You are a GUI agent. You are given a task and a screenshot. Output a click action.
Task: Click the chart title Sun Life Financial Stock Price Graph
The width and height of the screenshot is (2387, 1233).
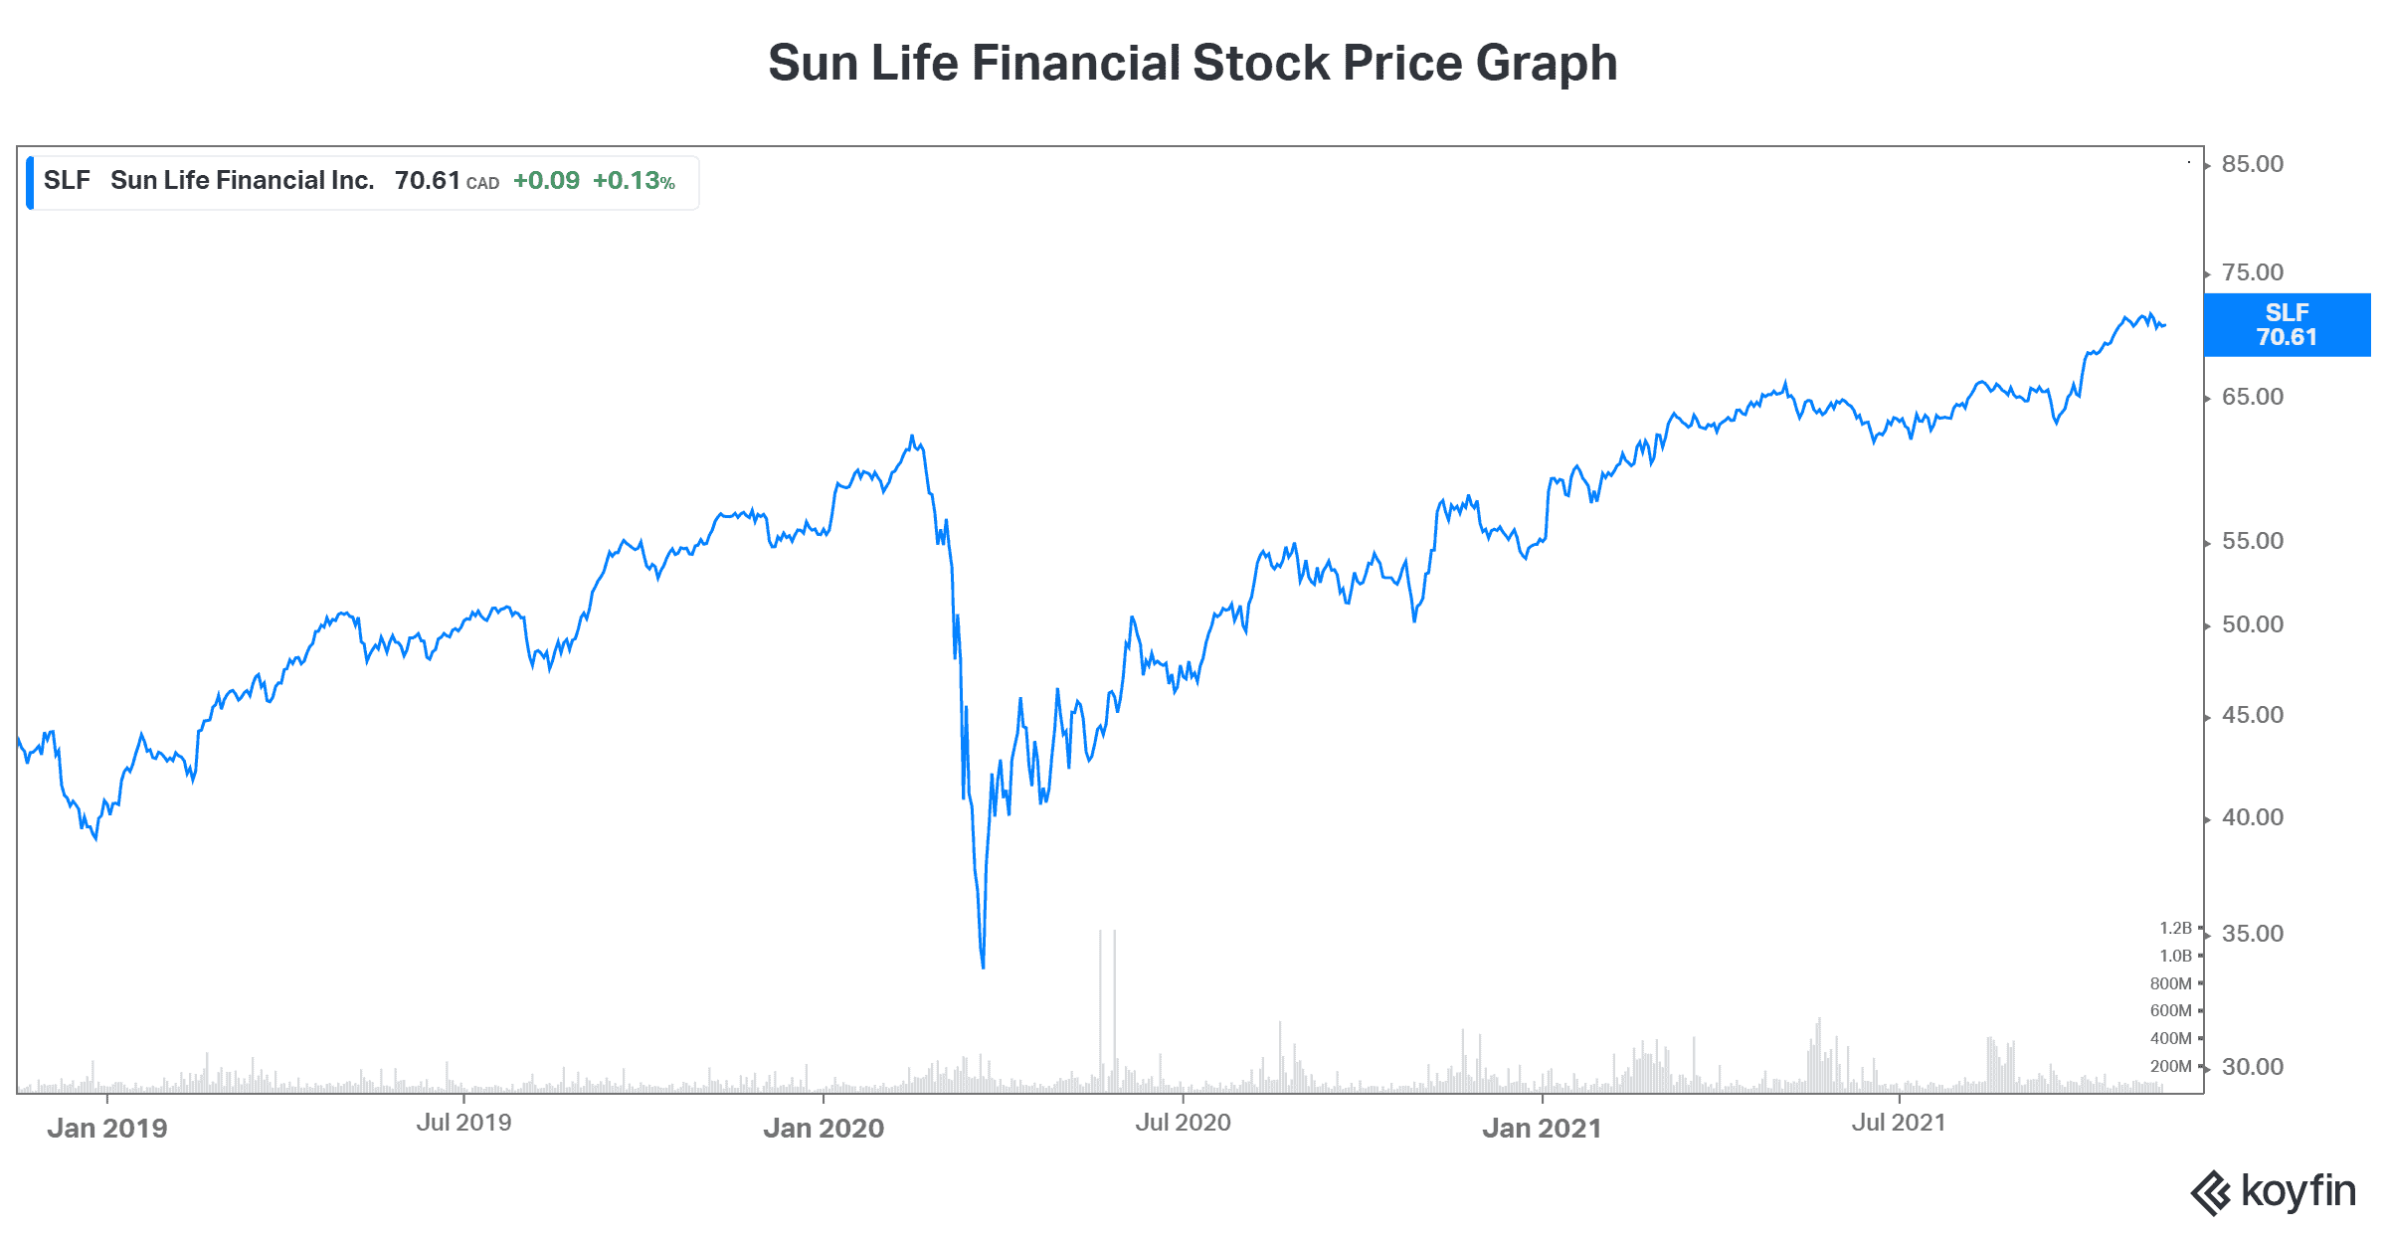[x=1193, y=63]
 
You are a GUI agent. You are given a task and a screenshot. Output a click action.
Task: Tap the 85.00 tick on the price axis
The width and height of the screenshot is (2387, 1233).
[x=2252, y=164]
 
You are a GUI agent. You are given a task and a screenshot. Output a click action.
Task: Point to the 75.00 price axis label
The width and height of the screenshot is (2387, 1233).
[x=2252, y=272]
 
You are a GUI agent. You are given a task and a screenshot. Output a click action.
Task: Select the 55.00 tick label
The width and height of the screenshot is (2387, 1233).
[x=2252, y=541]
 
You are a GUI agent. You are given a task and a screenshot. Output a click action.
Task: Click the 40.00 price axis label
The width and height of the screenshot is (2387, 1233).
[x=2252, y=817]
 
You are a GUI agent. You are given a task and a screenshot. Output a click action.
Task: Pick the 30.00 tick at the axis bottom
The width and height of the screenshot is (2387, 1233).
[x=2252, y=1067]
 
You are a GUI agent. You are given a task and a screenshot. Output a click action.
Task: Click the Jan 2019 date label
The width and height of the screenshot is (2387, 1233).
[x=107, y=1128]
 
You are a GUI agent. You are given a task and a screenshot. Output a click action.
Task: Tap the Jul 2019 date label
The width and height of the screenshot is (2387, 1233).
[x=463, y=1123]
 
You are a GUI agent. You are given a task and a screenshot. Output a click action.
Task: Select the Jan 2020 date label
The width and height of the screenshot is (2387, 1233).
[x=824, y=1128]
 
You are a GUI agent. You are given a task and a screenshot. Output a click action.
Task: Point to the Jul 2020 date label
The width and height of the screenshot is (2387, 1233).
[x=1183, y=1123]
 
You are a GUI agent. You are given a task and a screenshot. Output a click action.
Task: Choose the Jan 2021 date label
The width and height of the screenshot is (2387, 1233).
[x=1542, y=1128]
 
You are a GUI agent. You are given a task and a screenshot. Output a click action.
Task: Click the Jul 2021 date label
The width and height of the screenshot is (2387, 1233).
[x=1898, y=1123]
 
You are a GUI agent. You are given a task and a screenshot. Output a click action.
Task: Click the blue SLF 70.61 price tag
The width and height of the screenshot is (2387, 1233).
[x=2287, y=325]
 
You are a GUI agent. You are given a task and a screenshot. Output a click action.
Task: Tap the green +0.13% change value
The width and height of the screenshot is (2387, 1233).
[x=634, y=181]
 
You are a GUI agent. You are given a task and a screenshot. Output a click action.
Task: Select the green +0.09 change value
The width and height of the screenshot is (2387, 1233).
[x=546, y=181]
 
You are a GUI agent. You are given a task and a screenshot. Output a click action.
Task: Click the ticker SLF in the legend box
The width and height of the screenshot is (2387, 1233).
[x=67, y=181]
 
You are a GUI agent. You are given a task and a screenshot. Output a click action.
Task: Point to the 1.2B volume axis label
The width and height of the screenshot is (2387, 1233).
[x=2175, y=928]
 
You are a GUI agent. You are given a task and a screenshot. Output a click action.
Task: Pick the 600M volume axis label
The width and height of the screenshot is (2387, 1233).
[x=2170, y=1010]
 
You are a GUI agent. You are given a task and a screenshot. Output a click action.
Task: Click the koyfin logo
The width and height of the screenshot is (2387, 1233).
[x=2274, y=1192]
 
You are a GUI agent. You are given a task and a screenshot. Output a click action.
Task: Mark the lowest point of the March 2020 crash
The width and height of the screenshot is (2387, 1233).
[x=983, y=967]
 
